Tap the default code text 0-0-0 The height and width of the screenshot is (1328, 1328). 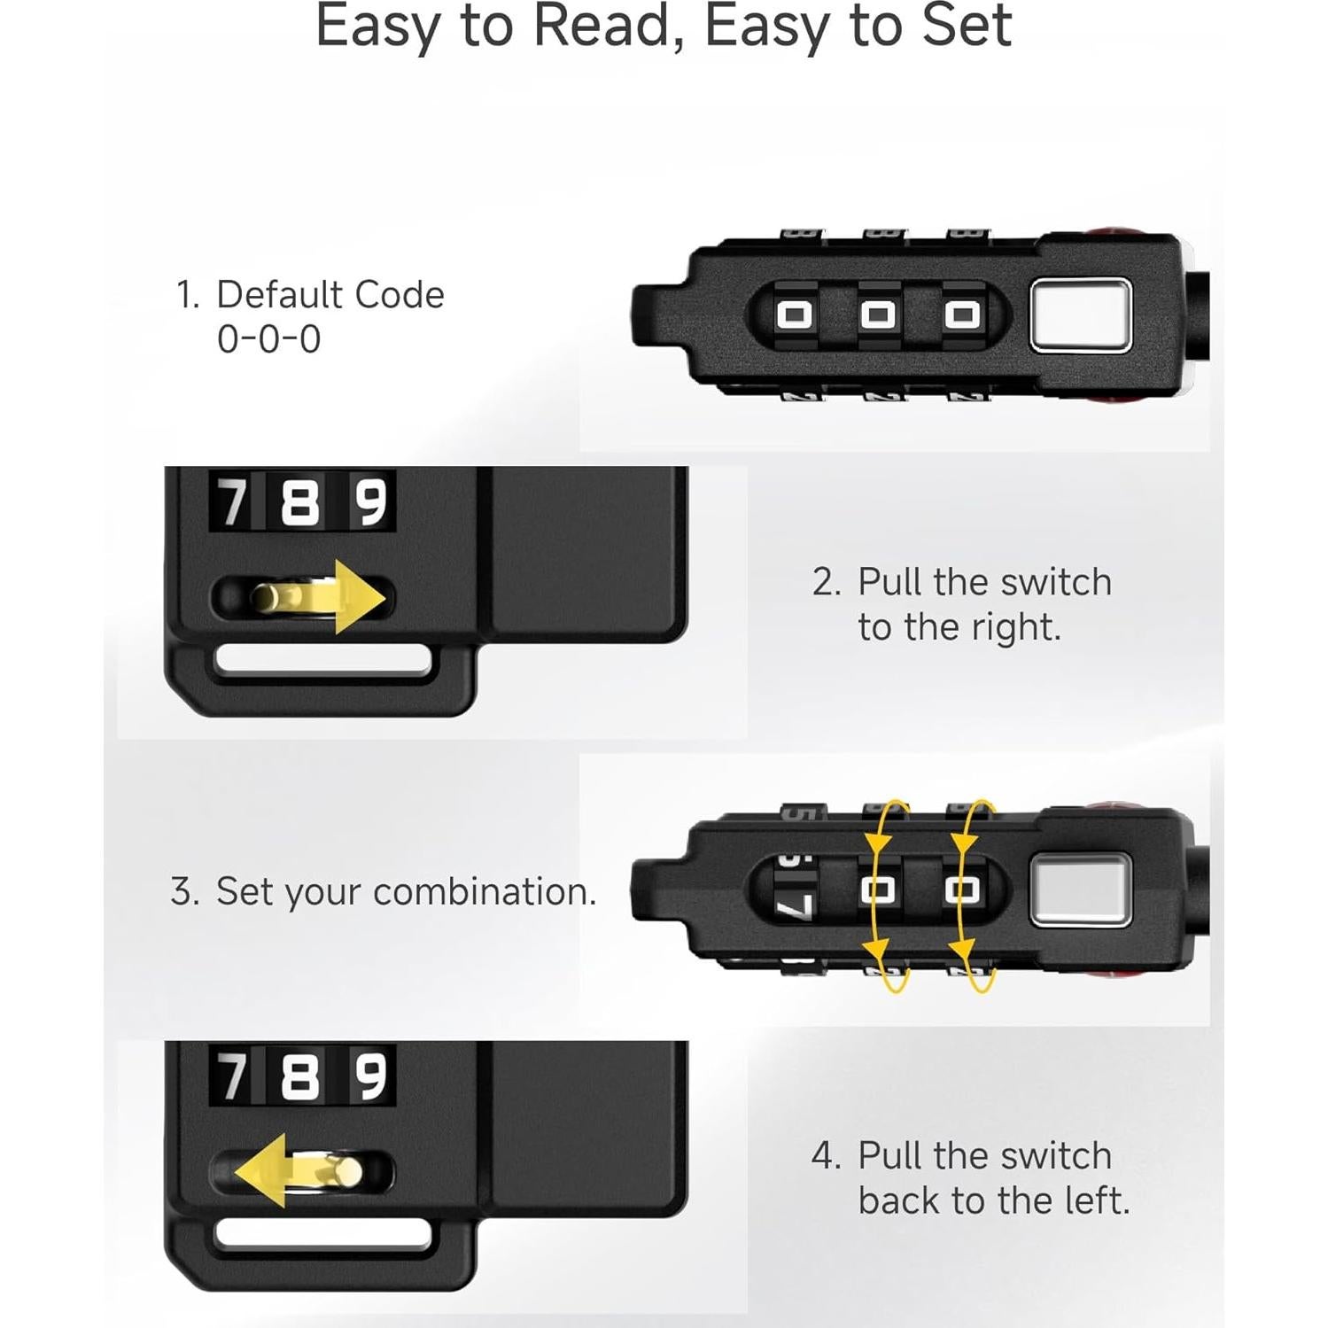point(268,339)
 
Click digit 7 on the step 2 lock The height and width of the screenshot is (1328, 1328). point(233,501)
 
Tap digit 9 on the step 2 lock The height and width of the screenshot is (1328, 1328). point(371,501)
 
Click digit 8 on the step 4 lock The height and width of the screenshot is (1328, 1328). point(299,1076)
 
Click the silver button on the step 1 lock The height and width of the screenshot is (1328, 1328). point(1081,314)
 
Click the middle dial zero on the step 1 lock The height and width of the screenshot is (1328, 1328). point(878,315)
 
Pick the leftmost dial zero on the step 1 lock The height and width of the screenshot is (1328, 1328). point(795,315)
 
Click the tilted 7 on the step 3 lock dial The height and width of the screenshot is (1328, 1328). point(795,906)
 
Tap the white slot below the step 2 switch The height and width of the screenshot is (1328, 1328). point(323,661)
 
